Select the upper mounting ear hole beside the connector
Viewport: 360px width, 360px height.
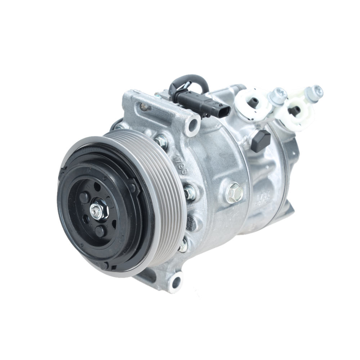[194, 124]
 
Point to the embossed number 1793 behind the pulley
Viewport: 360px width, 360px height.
[180, 164]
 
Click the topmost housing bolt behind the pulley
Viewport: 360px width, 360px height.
[162, 141]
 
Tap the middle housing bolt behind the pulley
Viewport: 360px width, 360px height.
[189, 192]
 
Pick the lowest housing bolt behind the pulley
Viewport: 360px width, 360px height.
[183, 246]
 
